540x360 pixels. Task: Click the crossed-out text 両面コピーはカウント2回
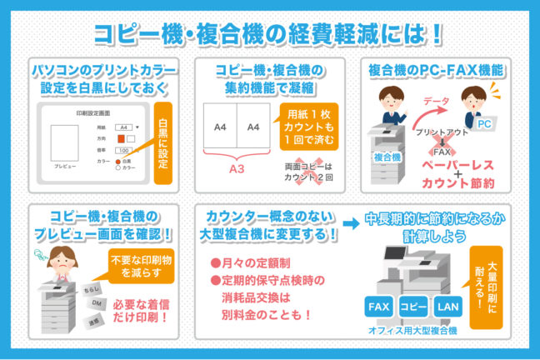[308, 172]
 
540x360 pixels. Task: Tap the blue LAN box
[447, 307]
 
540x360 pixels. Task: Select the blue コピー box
[414, 307]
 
